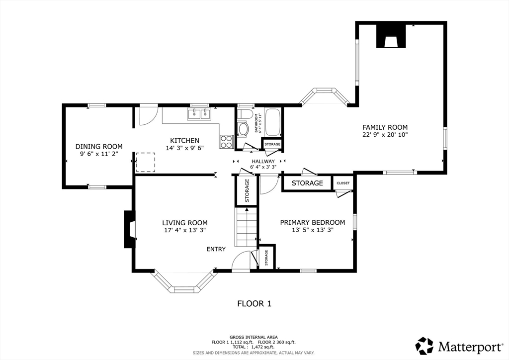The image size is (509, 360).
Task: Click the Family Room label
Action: (385, 127)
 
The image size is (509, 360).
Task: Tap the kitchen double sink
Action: (198, 114)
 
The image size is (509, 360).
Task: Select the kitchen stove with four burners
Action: (227, 142)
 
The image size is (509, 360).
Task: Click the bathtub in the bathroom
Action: (273, 122)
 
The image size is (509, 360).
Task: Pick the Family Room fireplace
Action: (391, 36)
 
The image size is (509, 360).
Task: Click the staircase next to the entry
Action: (247, 227)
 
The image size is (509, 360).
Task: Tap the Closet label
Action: (343, 183)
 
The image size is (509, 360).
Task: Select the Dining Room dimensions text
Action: (99, 154)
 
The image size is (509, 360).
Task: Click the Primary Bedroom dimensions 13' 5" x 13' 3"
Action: (313, 230)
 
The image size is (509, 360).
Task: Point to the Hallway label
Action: (263, 161)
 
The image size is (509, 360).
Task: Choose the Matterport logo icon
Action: (424, 346)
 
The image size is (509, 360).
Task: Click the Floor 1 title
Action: (254, 304)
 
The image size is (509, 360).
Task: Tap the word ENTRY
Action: (216, 249)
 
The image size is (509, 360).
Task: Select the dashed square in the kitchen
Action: (146, 162)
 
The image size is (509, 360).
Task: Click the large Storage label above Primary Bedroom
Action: (307, 183)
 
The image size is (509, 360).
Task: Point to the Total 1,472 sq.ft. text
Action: (254, 347)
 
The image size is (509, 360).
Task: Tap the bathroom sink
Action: (243, 129)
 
